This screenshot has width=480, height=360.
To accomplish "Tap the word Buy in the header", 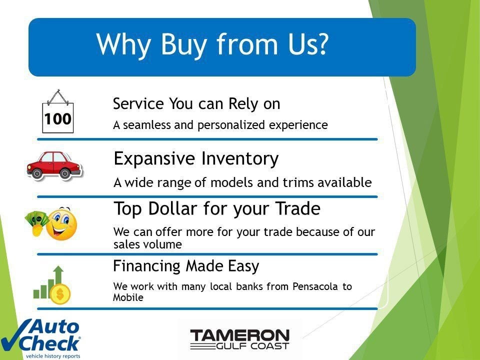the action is (183, 45).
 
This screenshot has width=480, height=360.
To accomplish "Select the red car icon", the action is (54, 165).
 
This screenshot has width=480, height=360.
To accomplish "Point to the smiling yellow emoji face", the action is (61, 224).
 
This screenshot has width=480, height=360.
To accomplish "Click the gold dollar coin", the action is (60, 294).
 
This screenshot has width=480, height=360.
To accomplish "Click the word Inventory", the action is (239, 159).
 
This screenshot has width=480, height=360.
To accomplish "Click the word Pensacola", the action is (315, 286).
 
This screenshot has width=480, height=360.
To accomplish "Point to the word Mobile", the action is (128, 297).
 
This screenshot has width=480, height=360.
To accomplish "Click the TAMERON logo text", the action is (239, 336).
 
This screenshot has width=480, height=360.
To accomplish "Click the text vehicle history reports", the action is (53, 356).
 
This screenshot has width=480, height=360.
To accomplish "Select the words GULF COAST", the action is (252, 346).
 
